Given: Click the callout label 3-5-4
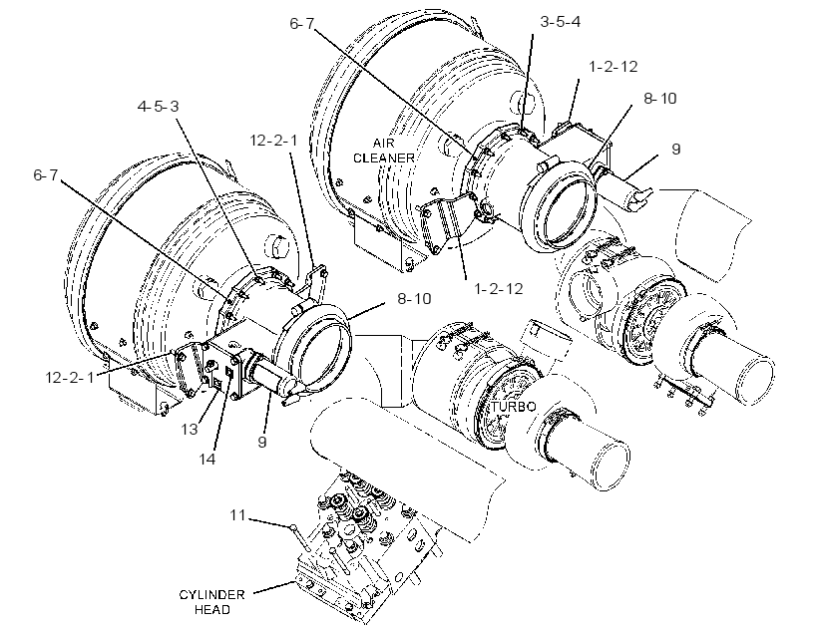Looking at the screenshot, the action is click(560, 22).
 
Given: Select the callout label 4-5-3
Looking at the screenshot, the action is click(158, 107).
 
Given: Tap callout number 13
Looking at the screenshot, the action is click(190, 430).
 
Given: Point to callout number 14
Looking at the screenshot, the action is click(206, 460).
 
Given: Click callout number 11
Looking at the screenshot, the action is click(237, 515).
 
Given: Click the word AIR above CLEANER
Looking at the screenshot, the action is click(383, 144).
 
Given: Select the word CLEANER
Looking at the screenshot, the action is click(383, 158).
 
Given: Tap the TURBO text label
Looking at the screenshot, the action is click(513, 407).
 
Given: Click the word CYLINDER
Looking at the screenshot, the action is click(211, 595).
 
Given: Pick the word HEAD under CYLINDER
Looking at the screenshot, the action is click(211, 610).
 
